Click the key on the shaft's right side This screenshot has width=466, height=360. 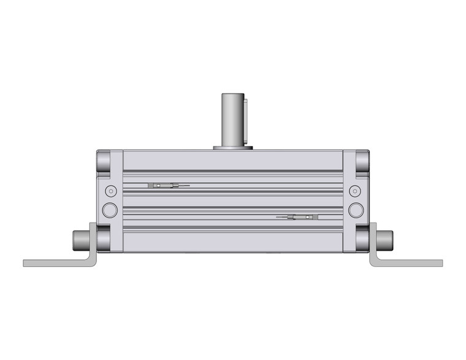pyautogui.click(x=245, y=120)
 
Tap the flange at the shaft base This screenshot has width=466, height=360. pyautogui.click(x=233, y=147)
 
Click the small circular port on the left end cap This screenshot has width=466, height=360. pyautogui.click(x=110, y=190)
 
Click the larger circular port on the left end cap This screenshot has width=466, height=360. pyautogui.click(x=110, y=210)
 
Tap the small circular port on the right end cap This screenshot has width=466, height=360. pyautogui.click(x=356, y=190)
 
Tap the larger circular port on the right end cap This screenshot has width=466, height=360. pyautogui.click(x=356, y=210)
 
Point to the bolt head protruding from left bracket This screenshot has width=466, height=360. pyautogui.click(x=81, y=237)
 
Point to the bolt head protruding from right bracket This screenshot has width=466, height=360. pyautogui.click(x=384, y=237)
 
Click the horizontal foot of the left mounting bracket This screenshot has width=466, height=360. pyautogui.click(x=55, y=263)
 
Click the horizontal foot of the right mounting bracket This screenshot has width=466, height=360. pyautogui.click(x=411, y=263)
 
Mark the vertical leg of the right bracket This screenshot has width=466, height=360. pyautogui.click(x=373, y=242)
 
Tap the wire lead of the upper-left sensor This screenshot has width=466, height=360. pyautogui.click(x=182, y=185)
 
